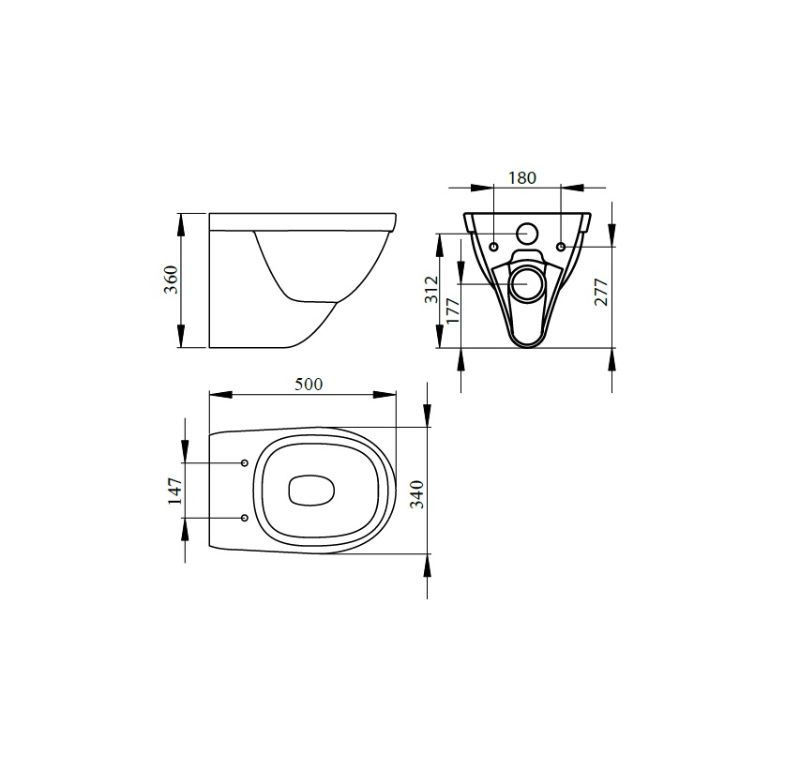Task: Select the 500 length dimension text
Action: pos(309,384)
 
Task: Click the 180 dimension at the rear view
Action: pos(521,177)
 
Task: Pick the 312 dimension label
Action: pos(430,289)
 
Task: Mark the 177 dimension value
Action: pos(453,310)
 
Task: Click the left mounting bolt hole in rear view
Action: pos(494,246)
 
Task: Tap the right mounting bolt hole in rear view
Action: pos(561,246)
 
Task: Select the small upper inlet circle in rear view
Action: pos(528,234)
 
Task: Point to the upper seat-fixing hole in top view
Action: pos(245,463)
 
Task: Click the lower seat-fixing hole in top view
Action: pos(245,518)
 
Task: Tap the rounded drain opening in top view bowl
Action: pos(310,491)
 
